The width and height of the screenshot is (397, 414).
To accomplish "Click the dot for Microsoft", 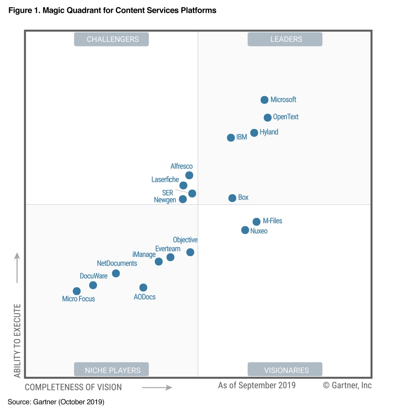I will pos(264,100).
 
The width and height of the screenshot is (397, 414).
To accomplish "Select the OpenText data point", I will pos(268,118).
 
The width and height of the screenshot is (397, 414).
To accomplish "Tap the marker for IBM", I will pos(231,138).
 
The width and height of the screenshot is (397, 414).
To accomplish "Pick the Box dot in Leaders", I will pos(232,198).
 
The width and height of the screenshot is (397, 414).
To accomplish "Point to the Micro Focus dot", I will pos(77,291).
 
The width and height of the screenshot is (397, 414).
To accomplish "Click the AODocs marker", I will pos(143,288).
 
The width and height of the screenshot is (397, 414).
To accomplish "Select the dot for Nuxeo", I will pos(245,230).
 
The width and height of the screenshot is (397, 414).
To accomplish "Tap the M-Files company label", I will pos(272,221).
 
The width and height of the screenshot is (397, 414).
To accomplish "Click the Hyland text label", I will pos(269,132).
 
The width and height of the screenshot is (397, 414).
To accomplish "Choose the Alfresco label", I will pos(181,166).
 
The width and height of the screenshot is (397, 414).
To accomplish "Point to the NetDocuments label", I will pos(117,263).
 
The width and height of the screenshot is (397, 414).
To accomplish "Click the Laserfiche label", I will pos(165,180).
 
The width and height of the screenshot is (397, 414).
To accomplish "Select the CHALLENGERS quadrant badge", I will pos(111,39).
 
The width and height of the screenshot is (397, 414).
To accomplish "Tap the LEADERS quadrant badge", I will pos(285,39).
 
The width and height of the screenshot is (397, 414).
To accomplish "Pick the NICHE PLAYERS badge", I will pos(111,370).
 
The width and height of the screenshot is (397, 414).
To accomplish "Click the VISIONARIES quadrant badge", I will pos(285,370).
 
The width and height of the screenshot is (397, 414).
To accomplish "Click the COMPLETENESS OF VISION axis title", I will pos(73,387).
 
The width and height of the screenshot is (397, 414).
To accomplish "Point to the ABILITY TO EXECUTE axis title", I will pos(18,341).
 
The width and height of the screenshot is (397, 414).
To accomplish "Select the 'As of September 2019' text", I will pos(257,385).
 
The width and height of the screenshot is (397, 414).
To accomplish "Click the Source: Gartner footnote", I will pos(56,402).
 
